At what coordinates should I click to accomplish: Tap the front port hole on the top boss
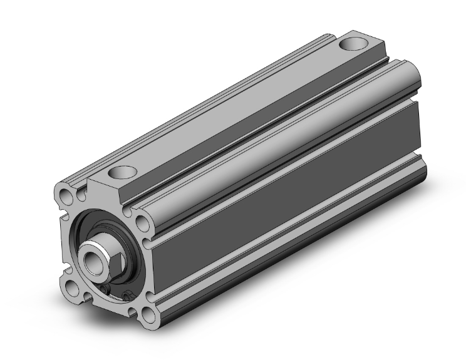(x=123, y=171)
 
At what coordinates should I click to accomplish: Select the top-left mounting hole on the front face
(x=67, y=192)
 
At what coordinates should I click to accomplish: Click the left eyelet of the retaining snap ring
(x=108, y=288)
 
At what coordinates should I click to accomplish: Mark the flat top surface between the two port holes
(x=238, y=106)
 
